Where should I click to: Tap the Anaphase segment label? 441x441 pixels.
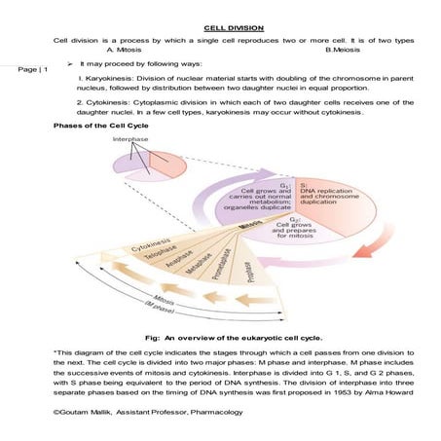[174, 268]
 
